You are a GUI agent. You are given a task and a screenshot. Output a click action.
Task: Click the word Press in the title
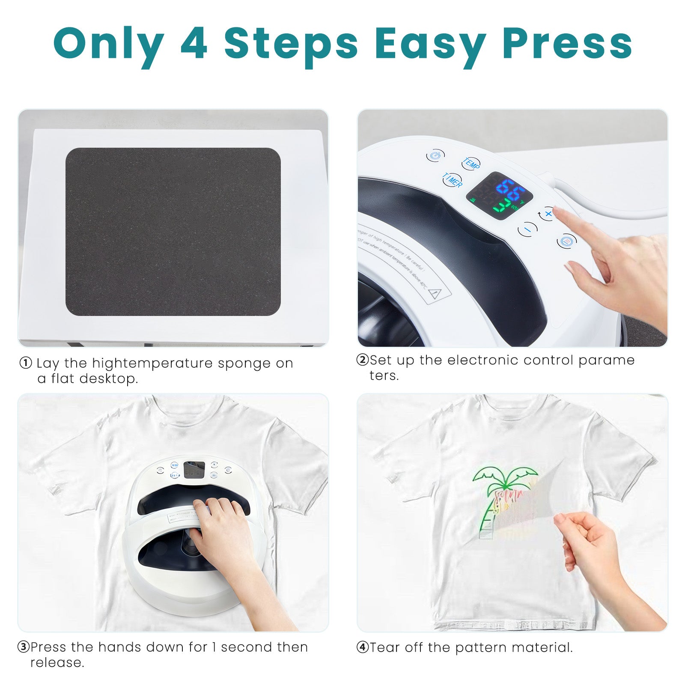point(567,44)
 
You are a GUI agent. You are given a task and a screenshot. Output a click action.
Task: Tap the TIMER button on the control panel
point(453,180)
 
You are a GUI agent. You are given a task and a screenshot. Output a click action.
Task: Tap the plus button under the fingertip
point(548,213)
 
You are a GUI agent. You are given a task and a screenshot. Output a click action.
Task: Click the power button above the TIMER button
point(435,155)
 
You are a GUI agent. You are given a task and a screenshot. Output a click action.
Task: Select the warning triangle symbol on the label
point(435,294)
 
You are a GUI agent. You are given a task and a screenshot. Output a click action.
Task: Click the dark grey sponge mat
point(173,232)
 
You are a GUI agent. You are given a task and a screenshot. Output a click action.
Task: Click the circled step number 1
point(26,363)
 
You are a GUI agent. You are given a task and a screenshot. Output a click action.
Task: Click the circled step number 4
point(362,647)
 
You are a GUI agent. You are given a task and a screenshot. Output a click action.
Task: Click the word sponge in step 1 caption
point(244,363)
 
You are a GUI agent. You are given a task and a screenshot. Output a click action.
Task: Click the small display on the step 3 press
point(194,470)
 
